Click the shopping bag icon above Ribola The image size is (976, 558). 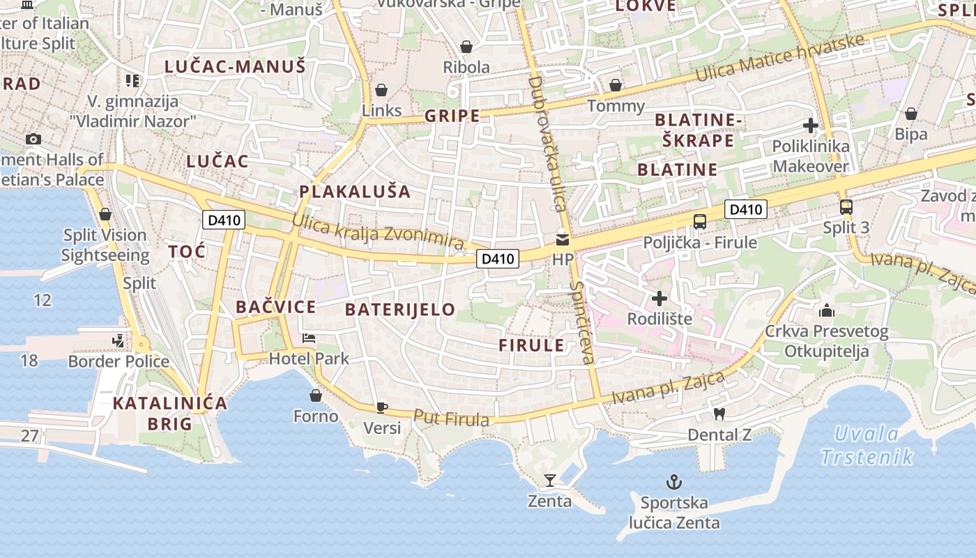point(466,47)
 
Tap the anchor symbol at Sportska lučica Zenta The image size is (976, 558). point(674,481)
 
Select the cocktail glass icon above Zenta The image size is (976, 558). point(550,480)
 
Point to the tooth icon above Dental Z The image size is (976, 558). point(720,414)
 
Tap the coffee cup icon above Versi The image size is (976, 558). point(381,407)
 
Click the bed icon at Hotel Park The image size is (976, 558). point(309,339)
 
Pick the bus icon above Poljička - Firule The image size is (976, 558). point(700,222)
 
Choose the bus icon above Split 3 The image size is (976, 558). point(846,207)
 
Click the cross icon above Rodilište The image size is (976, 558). point(659,299)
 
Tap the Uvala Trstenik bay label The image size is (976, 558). point(867,446)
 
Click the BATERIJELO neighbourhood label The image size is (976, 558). point(400,309)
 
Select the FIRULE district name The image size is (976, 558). point(531,345)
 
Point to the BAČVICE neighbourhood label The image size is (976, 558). point(275,307)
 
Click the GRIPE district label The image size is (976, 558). point(452,116)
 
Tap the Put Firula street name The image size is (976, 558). point(451,418)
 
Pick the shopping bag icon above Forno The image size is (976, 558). point(316,396)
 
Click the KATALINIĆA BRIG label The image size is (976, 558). point(170,413)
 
